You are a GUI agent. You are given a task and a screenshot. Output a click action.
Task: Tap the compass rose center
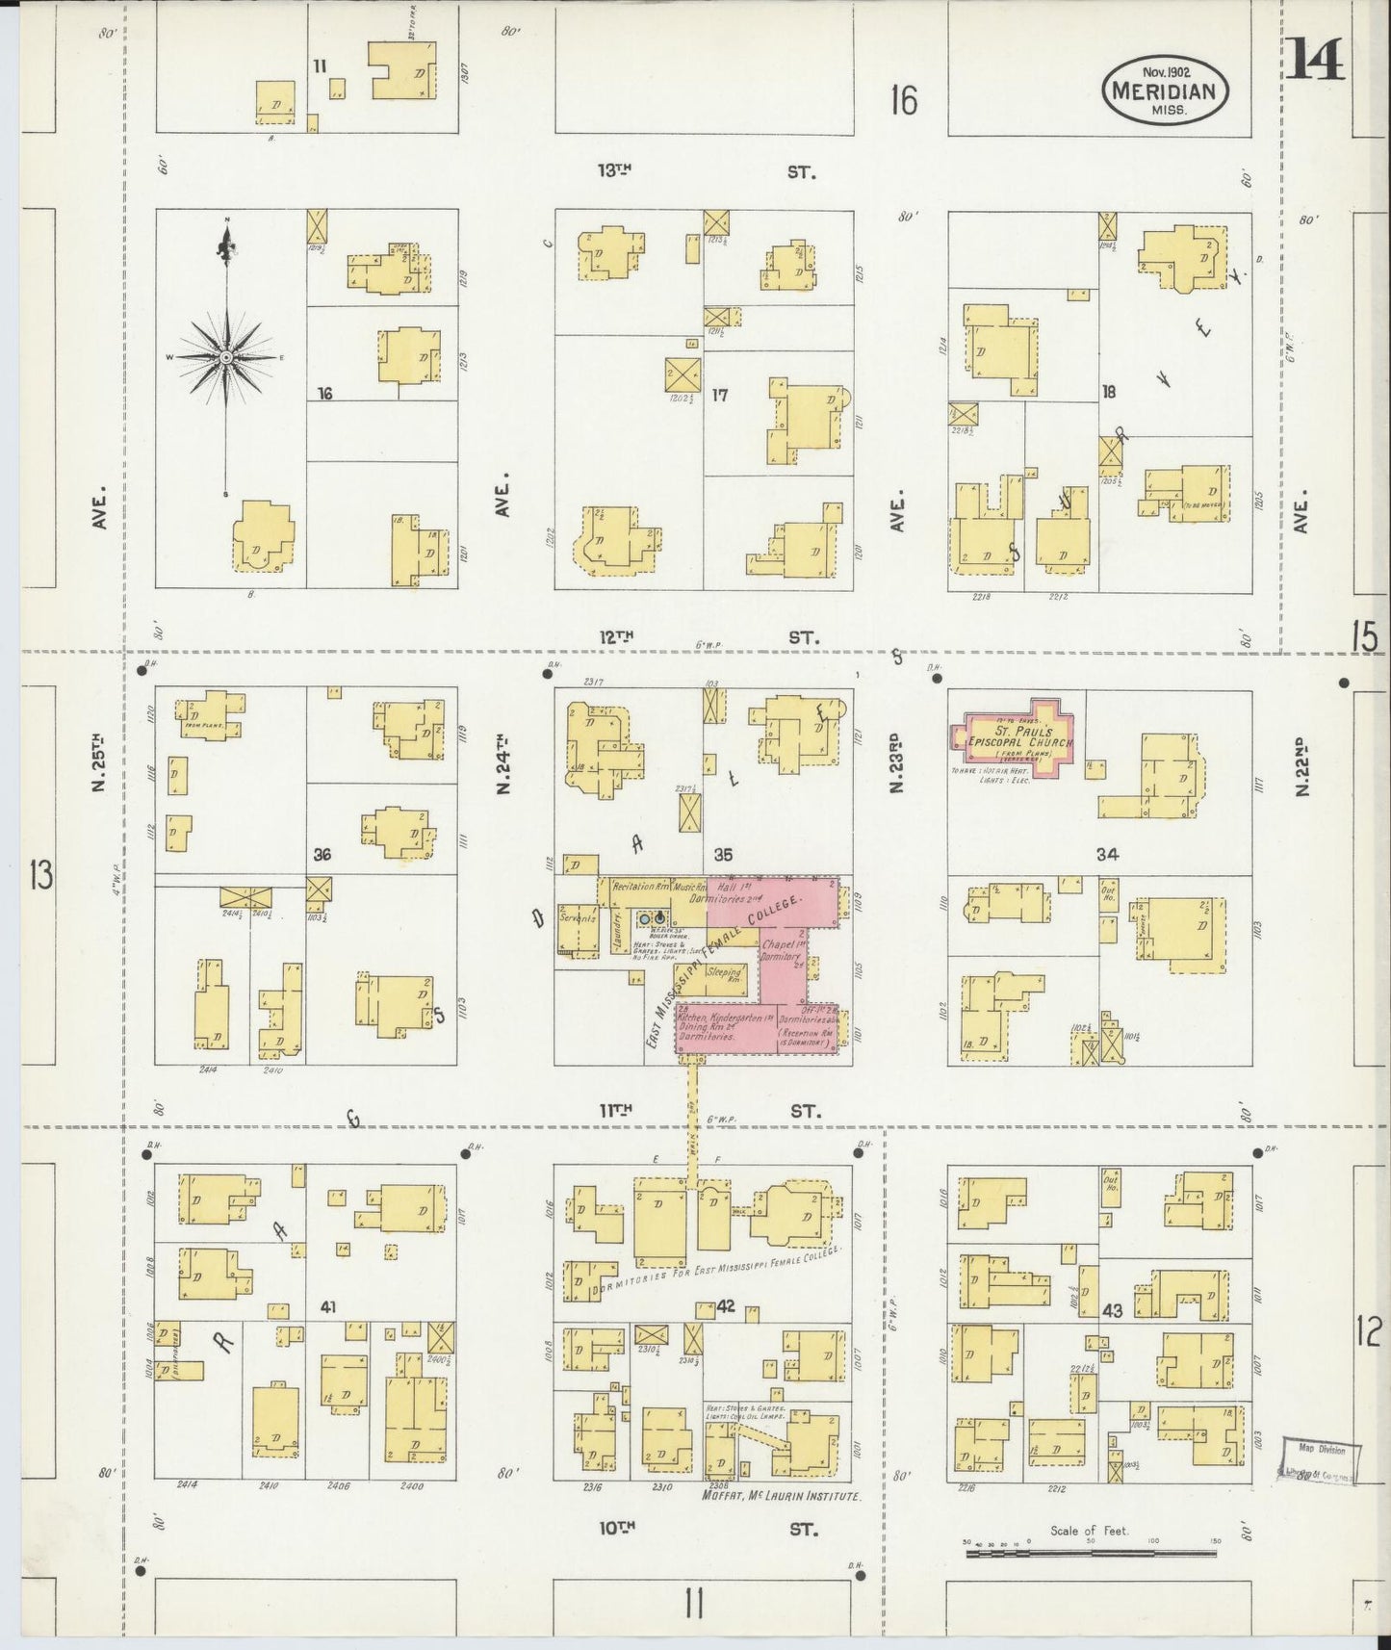point(225,357)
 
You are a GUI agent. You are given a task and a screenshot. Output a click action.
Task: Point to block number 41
point(328,1307)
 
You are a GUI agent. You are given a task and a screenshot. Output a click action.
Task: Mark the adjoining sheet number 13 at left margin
point(40,875)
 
